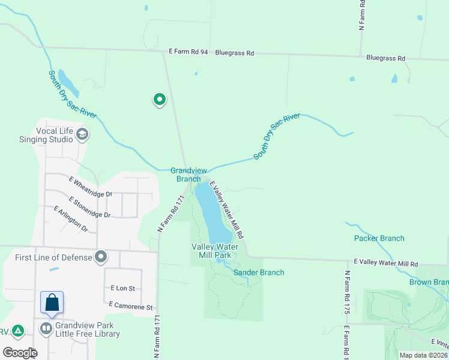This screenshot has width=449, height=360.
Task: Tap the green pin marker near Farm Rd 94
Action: click(x=159, y=100)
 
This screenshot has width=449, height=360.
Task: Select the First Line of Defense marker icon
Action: click(x=101, y=257)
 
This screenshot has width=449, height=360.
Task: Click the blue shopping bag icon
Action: click(x=52, y=302)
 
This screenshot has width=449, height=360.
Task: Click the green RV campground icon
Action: click(x=19, y=331)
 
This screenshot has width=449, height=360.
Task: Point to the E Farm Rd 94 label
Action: click(x=188, y=52)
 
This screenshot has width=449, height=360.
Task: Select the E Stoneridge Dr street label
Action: click(x=89, y=207)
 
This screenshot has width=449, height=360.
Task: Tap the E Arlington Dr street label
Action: click(x=71, y=220)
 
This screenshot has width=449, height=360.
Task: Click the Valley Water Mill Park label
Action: click(x=214, y=251)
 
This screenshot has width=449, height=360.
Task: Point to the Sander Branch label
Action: click(x=258, y=272)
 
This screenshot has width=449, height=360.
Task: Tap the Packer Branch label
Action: click(x=379, y=238)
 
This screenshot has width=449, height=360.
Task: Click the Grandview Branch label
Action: click(x=185, y=174)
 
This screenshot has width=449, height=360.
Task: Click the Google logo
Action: click(x=20, y=353)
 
